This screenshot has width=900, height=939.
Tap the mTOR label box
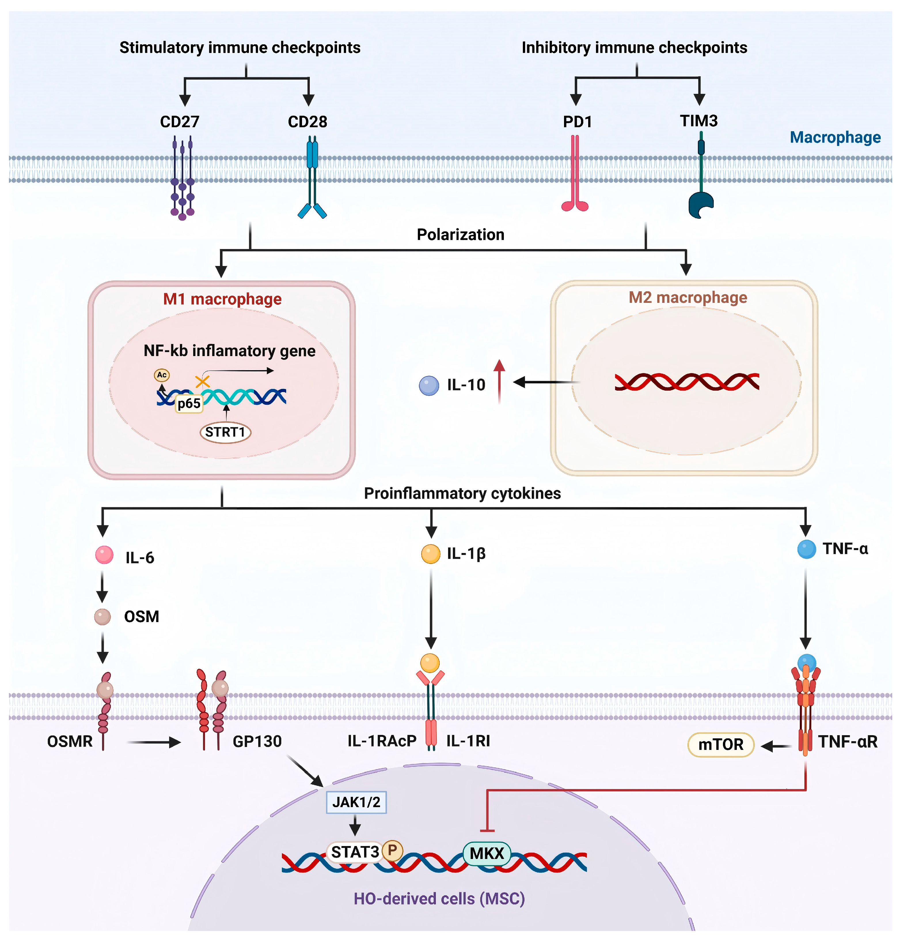coord(720,744)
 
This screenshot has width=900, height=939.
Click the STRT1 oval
coord(225,432)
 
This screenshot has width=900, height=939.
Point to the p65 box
coord(189,403)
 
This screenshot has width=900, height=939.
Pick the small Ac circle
coord(162,375)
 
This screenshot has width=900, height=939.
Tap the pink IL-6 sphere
coord(104,555)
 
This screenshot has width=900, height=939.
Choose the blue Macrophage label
coord(835,138)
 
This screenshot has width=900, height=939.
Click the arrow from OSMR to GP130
coord(153,742)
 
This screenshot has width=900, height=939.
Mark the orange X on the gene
coord(202,382)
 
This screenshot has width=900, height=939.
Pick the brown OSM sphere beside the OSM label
coord(102,617)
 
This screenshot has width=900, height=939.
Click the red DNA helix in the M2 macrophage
coord(686,382)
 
